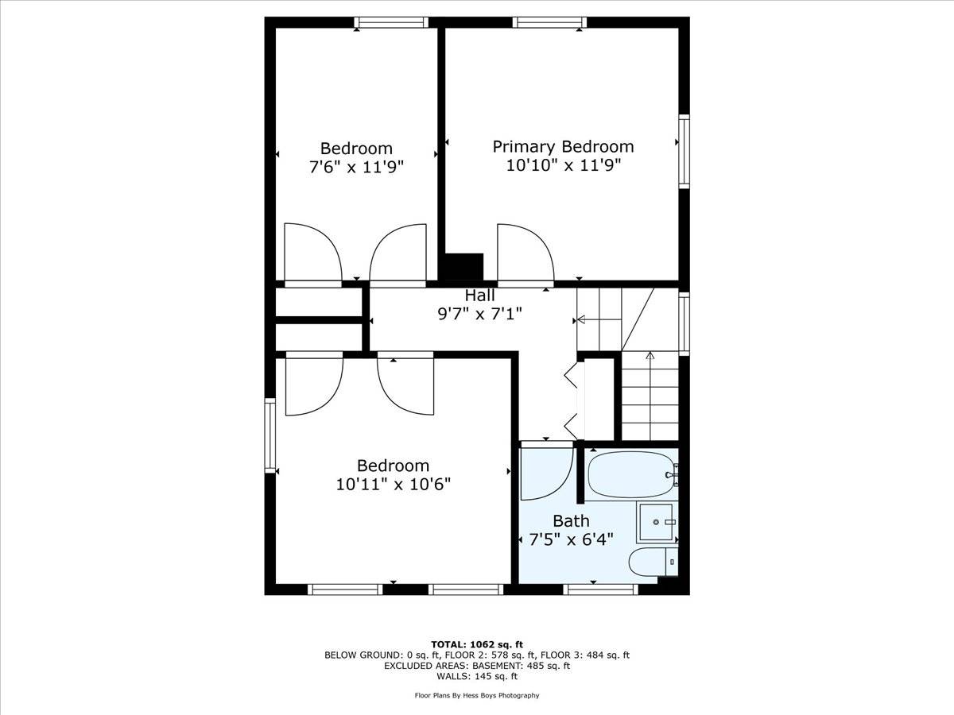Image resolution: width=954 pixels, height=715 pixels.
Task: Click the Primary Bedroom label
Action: [563, 147]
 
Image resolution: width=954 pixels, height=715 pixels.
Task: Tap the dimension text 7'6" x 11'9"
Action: [356, 168]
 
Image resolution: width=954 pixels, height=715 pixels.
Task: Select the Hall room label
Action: [479, 296]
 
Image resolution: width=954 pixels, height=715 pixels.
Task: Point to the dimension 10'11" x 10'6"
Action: [393, 484]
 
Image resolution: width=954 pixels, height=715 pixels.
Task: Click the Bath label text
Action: [571, 521]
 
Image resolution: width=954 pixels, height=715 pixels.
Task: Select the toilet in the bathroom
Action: [652, 562]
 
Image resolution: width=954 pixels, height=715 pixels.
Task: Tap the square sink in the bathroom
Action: [657, 522]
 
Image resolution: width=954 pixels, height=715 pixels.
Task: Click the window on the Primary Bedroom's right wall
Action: [684, 151]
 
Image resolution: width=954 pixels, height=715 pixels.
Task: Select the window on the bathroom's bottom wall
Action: [600, 589]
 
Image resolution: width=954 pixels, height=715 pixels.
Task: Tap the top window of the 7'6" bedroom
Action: [391, 22]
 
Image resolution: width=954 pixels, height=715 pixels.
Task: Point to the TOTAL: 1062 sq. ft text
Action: [476, 644]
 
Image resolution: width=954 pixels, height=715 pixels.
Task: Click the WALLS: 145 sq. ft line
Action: [476, 677]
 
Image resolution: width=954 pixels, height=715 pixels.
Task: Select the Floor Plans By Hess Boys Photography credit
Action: [476, 695]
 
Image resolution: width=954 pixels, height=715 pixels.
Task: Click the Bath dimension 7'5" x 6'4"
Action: [571, 540]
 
